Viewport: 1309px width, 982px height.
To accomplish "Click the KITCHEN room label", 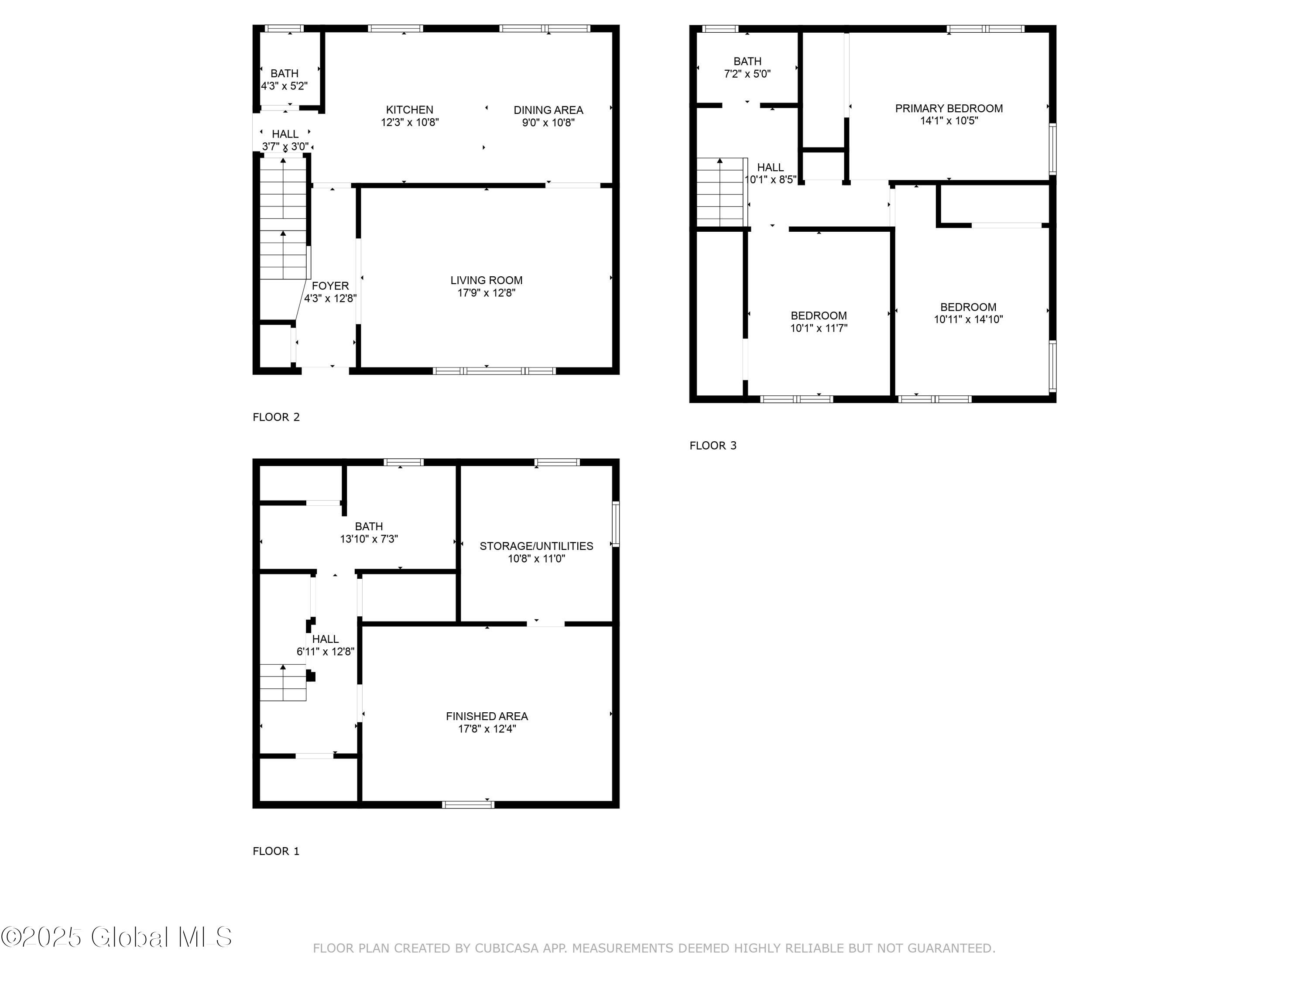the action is click(410, 110).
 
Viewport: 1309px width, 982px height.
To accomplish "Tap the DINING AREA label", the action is click(548, 110).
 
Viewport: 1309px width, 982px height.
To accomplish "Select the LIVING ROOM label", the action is click(487, 280).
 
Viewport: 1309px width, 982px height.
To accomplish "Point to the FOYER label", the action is click(330, 286).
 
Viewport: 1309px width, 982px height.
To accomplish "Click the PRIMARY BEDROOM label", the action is click(949, 108).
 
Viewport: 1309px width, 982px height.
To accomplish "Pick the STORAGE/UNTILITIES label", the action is click(536, 546).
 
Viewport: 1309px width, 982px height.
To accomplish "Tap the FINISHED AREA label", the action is click(487, 716).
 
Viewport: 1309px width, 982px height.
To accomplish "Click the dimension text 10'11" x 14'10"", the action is click(968, 319).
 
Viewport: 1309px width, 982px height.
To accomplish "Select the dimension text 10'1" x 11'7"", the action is click(819, 328).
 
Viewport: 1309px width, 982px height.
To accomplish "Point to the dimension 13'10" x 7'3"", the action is click(369, 539).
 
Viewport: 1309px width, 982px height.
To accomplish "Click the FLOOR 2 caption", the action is click(276, 417).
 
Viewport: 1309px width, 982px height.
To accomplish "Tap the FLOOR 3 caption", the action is click(713, 446).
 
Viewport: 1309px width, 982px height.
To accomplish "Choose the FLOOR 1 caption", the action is click(276, 851).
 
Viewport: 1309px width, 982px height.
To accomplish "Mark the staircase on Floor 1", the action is click(283, 683).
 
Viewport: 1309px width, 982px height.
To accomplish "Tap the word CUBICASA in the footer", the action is click(507, 948).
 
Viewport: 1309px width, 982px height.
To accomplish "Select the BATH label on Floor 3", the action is click(747, 62).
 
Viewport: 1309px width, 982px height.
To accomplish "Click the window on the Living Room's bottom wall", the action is click(494, 371).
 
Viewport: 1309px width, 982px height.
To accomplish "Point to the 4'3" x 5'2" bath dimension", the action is click(284, 86).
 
